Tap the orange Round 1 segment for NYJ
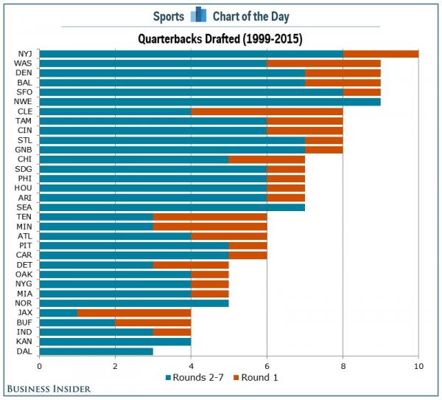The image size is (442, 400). tap(380, 54)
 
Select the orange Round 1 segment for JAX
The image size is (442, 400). tap(134, 312)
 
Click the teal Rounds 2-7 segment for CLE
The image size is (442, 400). tap(115, 111)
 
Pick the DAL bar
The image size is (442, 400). tap(96, 350)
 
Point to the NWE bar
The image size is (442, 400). tap(210, 102)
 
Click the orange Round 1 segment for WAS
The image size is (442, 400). tap(323, 63)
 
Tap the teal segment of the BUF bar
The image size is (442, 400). tap(77, 322)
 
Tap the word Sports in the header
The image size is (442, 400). tap(169, 15)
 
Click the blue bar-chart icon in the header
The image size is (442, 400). tap(197, 15)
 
